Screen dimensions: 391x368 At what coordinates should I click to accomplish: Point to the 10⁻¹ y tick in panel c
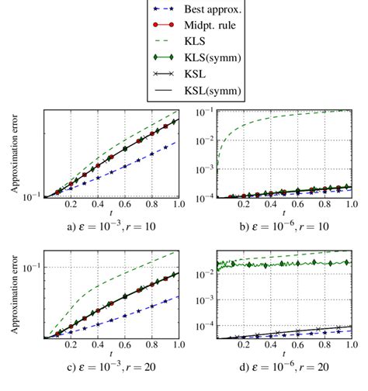[x=30, y=268]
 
